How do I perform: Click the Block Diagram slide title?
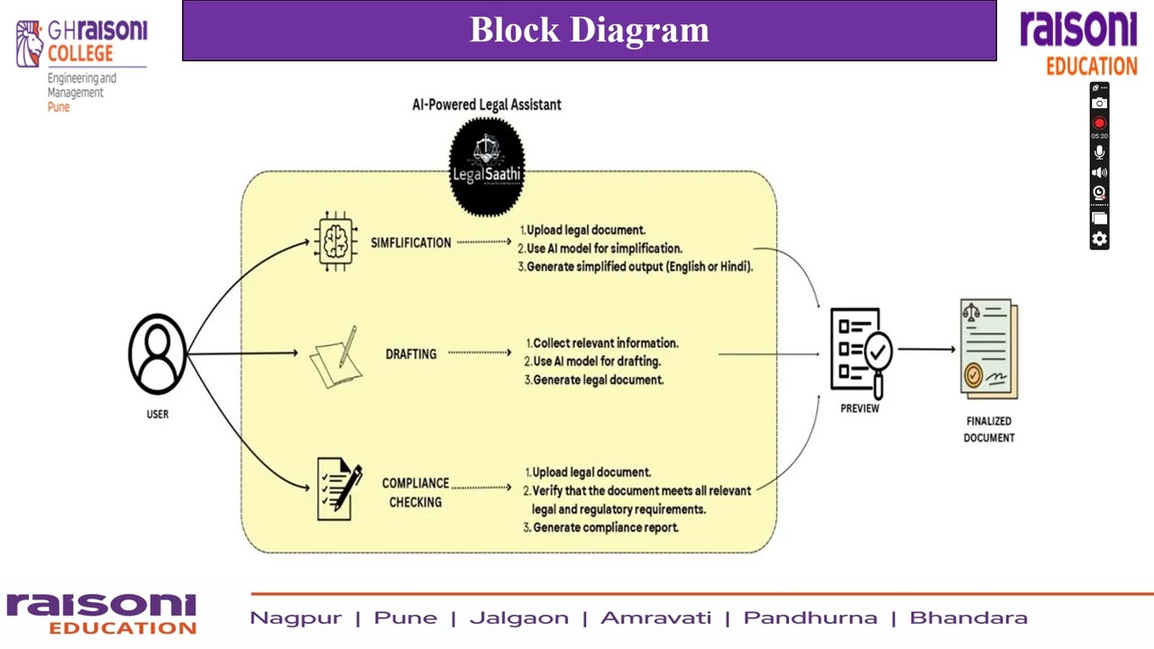pos(589,30)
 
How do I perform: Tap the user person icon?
pos(158,353)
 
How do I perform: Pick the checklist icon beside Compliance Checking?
pos(339,489)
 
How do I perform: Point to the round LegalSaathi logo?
pos(487,167)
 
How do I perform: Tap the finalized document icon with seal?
pos(988,349)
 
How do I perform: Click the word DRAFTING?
pos(411,354)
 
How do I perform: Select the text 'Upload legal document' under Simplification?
pos(585,230)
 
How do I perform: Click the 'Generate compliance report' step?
pos(604,527)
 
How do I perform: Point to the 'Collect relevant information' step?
pos(604,343)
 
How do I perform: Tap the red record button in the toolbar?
pos(1099,123)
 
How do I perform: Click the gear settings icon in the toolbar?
pos(1099,239)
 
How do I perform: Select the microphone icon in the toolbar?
pos(1099,152)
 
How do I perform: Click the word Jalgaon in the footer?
pos(518,618)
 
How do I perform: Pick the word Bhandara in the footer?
pos(968,618)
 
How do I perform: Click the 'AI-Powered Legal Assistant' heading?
pos(487,105)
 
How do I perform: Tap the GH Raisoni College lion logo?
pos(30,43)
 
